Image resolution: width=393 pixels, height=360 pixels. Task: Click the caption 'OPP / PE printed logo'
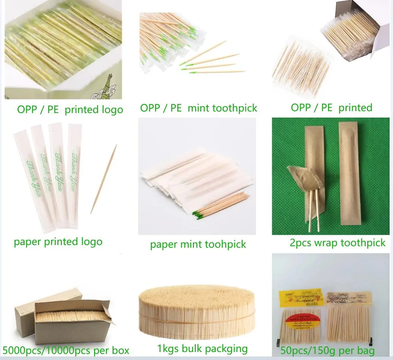pos(70,110)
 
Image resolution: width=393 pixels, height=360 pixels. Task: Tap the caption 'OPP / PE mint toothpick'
pos(199,108)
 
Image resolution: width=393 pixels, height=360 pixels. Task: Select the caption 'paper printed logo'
pos(58,242)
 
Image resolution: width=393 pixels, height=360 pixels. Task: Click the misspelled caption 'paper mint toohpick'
pos(198,245)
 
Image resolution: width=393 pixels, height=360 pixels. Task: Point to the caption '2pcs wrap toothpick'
pos(337,243)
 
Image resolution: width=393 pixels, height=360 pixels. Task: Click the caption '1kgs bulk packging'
pos(202,349)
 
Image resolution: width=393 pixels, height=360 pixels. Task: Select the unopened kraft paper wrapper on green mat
pos(349,174)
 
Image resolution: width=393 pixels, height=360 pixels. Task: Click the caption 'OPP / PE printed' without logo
pos(331,108)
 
